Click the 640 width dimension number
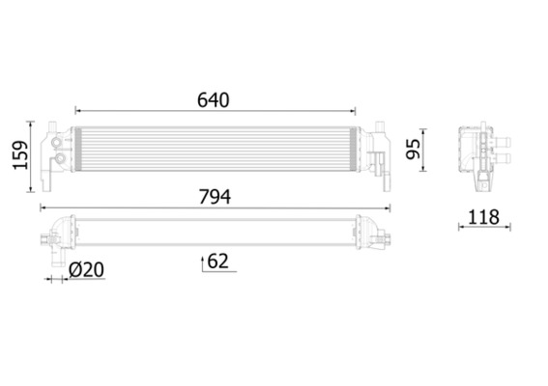point(213,99)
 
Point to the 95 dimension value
point(412,150)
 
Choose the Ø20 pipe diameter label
point(86,272)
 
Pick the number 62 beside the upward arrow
point(217,261)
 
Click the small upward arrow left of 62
point(202,261)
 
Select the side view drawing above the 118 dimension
point(480,154)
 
